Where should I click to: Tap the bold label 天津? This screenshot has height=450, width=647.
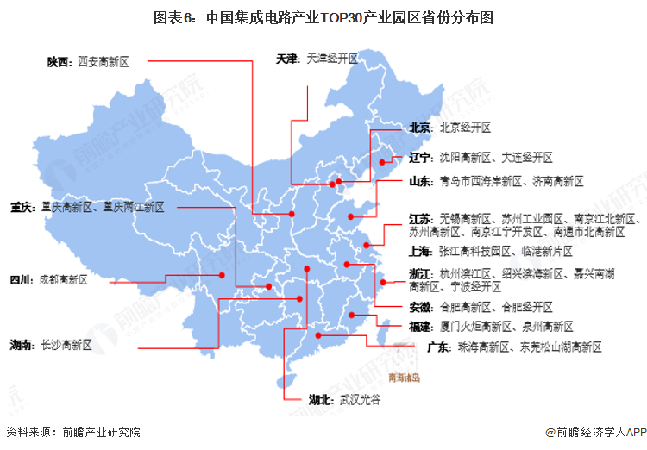click(x=287, y=59)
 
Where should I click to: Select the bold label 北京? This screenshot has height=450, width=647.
click(x=420, y=127)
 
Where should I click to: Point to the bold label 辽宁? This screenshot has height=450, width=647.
click(x=420, y=158)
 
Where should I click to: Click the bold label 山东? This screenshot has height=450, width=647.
click(x=420, y=182)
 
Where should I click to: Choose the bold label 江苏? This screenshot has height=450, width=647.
click(x=420, y=218)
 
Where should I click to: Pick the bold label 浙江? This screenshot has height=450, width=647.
click(x=420, y=273)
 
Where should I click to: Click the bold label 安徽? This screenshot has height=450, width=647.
click(x=420, y=307)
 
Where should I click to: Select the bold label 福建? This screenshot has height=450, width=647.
click(x=420, y=327)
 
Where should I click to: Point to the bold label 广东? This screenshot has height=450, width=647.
click(x=439, y=347)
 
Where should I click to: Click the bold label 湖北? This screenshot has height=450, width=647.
click(x=321, y=400)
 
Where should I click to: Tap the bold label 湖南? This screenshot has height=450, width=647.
click(x=22, y=345)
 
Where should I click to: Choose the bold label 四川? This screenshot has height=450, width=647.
click(x=20, y=280)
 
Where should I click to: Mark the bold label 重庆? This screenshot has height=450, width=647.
click(x=22, y=207)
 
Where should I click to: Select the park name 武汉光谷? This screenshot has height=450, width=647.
click(x=360, y=400)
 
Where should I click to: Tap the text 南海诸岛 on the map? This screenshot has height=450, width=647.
click(x=404, y=378)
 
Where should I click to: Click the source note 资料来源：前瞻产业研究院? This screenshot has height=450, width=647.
click(x=72, y=432)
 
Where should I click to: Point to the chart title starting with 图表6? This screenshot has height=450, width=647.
click(x=323, y=16)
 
